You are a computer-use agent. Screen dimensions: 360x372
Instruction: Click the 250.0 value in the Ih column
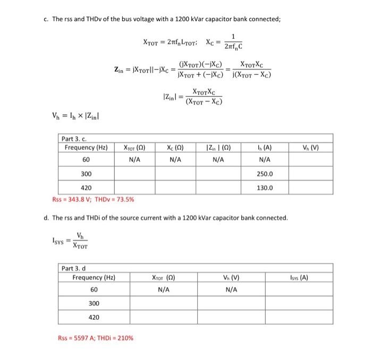click(265, 174)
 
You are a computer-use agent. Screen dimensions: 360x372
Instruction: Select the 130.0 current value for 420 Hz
click(265, 187)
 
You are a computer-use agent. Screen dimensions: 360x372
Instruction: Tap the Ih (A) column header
click(265, 147)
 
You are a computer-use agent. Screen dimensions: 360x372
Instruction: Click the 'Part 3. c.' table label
click(75, 138)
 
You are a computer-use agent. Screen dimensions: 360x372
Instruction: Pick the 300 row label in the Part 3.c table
click(86, 174)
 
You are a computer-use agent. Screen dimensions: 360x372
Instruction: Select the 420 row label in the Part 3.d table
click(94, 317)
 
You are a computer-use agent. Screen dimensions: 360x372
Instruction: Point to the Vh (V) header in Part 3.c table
click(310, 147)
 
